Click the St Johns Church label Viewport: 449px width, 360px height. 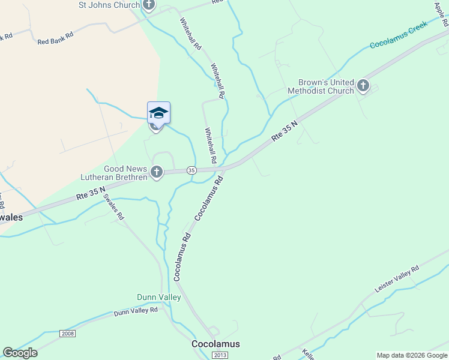(109, 5)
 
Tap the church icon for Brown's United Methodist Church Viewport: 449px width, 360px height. (363, 86)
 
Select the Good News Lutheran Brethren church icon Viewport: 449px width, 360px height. (156, 173)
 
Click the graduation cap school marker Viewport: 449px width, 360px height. (158, 113)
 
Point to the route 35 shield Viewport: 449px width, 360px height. (191, 170)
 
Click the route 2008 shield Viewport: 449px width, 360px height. (68, 333)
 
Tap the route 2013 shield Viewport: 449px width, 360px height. (220, 355)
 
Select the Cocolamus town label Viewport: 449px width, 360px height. (215, 344)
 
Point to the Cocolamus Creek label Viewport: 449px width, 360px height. (398, 35)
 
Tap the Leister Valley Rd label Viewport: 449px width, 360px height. (396, 280)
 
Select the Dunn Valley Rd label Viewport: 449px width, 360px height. (135, 311)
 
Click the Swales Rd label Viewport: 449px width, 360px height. (113, 206)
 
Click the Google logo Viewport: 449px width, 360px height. (20, 353)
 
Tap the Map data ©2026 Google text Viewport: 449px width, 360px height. (411, 355)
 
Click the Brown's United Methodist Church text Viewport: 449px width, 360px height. (321, 86)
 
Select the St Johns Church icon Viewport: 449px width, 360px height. (148, 5)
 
